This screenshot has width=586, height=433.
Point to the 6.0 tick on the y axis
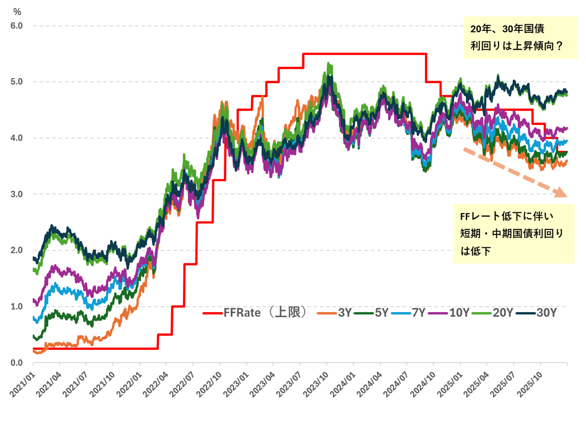tap(16, 25)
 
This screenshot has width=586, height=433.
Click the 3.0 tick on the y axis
tap(16, 194)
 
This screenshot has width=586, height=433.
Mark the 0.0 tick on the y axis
tap(16, 363)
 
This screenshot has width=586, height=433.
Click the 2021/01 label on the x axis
tap(22, 383)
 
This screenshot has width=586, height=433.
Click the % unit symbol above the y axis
tap(17, 12)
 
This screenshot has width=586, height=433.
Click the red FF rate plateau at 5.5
tap(364, 54)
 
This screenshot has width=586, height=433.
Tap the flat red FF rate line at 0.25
tap(95, 348)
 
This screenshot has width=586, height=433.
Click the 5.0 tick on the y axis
tap(16, 82)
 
